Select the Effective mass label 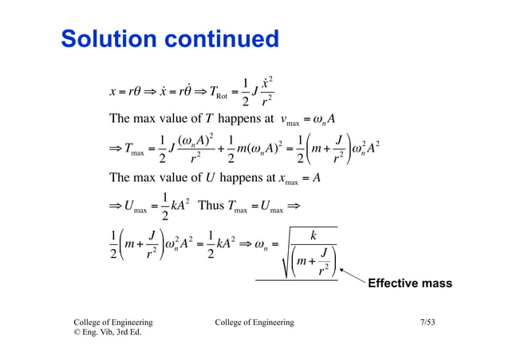point(409,283)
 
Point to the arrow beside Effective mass point(352,276)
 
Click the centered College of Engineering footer point(254,322)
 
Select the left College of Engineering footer point(113,322)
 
